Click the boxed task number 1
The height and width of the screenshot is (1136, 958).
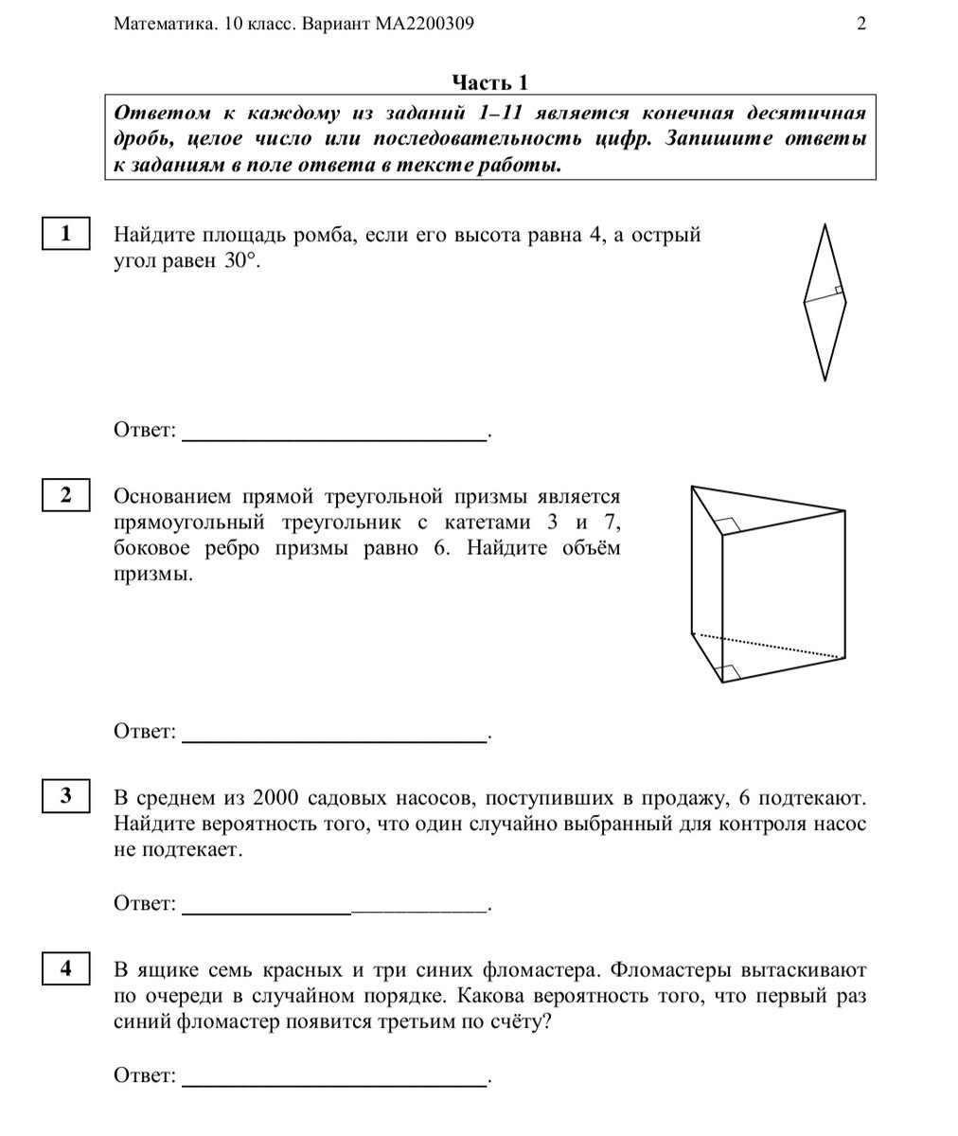click(66, 233)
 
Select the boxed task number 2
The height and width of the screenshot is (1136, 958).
click(66, 495)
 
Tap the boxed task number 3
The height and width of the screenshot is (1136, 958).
click(66, 796)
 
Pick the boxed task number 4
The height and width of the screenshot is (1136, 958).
click(66, 968)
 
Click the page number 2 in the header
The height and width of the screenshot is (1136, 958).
click(861, 25)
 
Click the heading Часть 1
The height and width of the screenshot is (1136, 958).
click(488, 82)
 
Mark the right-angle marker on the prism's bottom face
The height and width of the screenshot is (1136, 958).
click(727, 671)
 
